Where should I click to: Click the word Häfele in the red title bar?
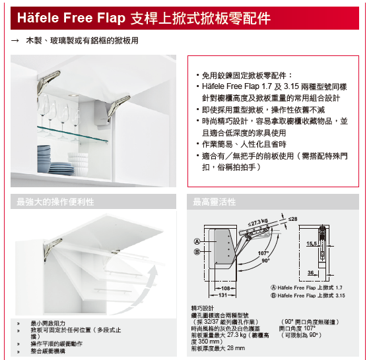tap(38, 18)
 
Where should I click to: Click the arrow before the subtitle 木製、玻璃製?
tap(15, 41)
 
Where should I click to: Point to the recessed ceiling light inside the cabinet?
tap(74, 95)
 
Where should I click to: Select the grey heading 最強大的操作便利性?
tap(55, 202)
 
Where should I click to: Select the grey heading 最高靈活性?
tap(215, 202)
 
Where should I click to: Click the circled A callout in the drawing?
tap(197, 241)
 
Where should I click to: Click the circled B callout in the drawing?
tap(197, 252)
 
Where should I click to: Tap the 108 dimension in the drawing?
tap(226, 288)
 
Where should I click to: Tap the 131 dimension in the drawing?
tap(222, 295)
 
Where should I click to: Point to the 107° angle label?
tap(263, 253)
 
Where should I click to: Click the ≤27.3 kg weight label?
tap(258, 222)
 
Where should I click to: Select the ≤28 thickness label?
tap(293, 219)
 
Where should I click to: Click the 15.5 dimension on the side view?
tap(312, 244)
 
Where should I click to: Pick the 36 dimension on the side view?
tap(311, 272)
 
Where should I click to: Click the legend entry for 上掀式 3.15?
tap(308, 295)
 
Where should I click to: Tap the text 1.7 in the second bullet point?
tap(267, 86)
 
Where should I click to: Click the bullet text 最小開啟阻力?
tap(48, 323)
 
